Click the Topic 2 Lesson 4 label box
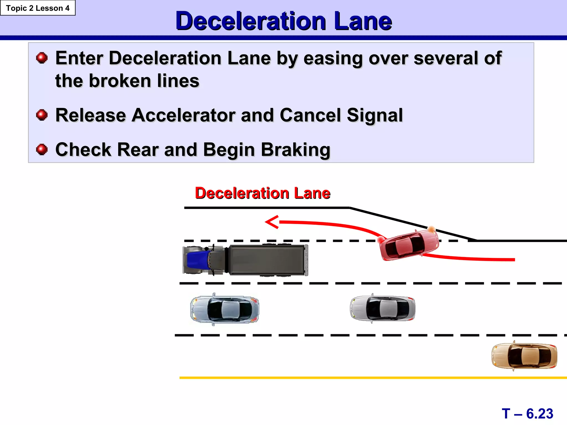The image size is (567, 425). pos(38,8)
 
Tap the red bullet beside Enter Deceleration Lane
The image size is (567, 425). pos(42,58)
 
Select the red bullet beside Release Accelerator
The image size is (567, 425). pos(42,115)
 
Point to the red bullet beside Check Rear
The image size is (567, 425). pos(42,149)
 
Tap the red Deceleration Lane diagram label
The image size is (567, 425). pos(262,193)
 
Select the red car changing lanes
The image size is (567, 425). pos(409,245)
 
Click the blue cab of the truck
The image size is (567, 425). pos(197,260)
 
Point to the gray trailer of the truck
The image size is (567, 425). pos(267,260)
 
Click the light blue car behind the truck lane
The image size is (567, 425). pos(225,309)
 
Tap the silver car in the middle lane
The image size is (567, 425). pos(383,308)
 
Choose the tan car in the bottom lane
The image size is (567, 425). pos(524,356)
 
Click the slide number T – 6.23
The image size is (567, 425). pos(527,414)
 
